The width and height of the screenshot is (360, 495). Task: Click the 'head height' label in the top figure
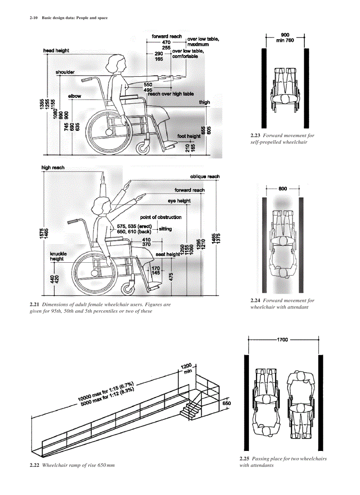(56, 51)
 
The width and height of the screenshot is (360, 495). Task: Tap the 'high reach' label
(52, 167)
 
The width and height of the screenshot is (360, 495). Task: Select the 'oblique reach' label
(205, 176)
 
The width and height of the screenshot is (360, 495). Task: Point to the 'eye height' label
(179, 201)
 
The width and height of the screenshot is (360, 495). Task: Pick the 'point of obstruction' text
(161, 217)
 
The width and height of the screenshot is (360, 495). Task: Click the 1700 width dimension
(282, 340)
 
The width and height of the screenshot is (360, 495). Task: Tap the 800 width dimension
(283, 189)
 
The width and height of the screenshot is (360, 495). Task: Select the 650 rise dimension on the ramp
(226, 403)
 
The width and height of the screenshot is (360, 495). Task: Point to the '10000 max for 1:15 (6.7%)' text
(106, 391)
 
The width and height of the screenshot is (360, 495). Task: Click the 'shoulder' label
(65, 72)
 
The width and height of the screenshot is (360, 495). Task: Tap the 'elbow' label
(75, 96)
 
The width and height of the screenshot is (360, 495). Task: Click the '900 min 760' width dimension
(285, 37)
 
